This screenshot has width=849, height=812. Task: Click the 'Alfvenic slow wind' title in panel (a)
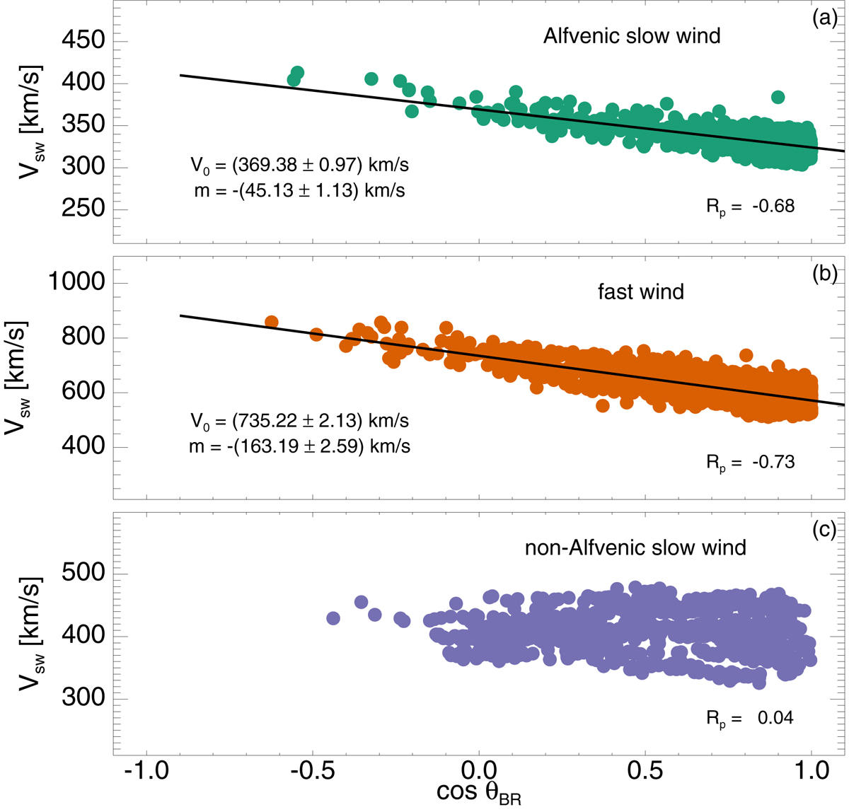(x=631, y=36)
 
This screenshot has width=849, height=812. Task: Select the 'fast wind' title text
(x=641, y=291)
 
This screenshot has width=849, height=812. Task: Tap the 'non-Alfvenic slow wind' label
(x=635, y=547)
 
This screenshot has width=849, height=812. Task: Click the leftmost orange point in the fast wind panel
(x=271, y=322)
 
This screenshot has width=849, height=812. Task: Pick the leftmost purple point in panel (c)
(x=333, y=617)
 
